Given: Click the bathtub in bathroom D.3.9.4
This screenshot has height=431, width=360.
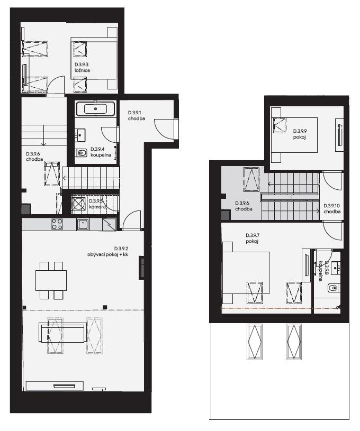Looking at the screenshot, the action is click(x=95, y=109).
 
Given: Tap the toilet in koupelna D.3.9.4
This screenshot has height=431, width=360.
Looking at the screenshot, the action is click(x=81, y=152).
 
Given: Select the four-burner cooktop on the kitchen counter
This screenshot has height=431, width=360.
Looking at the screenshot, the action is click(x=57, y=224).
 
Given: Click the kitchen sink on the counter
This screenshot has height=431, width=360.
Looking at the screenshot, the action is click(x=83, y=225).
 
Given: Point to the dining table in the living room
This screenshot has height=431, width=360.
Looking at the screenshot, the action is click(x=51, y=280).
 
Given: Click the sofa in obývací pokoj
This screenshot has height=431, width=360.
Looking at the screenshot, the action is click(x=62, y=333).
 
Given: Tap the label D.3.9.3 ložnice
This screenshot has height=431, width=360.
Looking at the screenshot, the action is click(x=82, y=67).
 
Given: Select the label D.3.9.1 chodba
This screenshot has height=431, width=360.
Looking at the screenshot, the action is click(x=137, y=116).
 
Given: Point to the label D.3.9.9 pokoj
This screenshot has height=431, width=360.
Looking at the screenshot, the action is click(x=300, y=134).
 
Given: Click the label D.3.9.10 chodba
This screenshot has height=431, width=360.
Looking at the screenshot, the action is click(x=332, y=209).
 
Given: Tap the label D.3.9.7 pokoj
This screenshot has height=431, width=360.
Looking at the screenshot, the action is click(x=253, y=239).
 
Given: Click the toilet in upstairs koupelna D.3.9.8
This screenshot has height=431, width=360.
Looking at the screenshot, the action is click(x=333, y=288).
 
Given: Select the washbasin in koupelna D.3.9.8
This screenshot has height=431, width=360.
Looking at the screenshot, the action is click(x=336, y=268).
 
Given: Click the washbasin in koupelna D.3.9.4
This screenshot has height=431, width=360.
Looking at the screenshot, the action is click(x=80, y=135).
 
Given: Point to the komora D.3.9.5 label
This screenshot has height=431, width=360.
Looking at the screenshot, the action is click(x=97, y=204).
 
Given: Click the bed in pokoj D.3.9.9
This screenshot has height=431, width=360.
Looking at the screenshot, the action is click(x=294, y=135).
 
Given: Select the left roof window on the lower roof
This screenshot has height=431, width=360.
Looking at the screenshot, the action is click(x=254, y=342).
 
